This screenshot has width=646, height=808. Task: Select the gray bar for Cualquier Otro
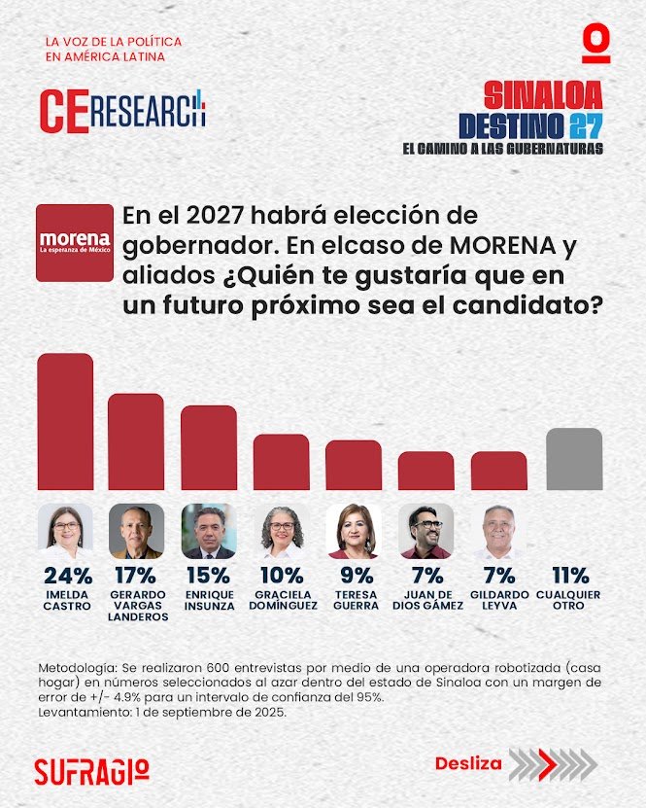pos(574,459)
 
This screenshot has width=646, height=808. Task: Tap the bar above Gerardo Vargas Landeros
pos(136,441)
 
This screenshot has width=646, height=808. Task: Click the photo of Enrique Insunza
pos(209,531)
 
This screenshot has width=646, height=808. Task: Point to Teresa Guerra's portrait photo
pos(354,531)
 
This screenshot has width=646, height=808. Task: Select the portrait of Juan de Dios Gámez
pos(425,531)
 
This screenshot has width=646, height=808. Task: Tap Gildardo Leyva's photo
pos(498,531)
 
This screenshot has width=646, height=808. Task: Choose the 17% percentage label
pos(136,577)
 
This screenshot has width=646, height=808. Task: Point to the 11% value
pos(574,577)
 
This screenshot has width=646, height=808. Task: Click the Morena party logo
pos(75,242)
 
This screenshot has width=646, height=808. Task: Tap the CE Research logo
pos(123,109)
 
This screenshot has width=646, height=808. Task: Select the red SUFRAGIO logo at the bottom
pos(91,771)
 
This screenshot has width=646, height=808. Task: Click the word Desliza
pos(468,763)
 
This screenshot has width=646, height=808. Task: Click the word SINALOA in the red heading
pos(543,95)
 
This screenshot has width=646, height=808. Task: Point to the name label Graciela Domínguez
pos(282,600)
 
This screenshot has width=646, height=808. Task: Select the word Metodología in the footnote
pos(77,671)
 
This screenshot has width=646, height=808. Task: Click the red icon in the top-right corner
pos(596,45)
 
